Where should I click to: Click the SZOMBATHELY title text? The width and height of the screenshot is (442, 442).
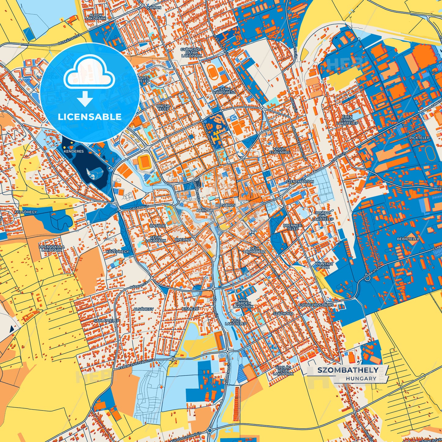pos(347,370)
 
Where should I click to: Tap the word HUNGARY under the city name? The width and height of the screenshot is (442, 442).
pos(361,378)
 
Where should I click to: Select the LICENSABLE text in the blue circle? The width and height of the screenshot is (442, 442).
pos(90,117)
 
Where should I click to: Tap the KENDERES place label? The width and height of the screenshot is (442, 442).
pos(74,151)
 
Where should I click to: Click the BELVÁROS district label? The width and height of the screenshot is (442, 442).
pos(225,205)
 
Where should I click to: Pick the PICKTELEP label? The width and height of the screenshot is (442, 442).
pos(419,138)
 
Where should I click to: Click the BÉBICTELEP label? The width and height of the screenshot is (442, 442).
pos(408,239)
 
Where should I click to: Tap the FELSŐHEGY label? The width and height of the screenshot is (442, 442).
pos(26,212)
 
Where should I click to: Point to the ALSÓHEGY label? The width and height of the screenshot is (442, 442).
pos(143,309)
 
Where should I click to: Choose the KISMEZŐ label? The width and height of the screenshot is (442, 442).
pos(190,309)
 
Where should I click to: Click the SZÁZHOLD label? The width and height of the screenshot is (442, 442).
pos(283,314)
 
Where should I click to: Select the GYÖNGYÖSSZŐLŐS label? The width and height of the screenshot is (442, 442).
pos(316,305)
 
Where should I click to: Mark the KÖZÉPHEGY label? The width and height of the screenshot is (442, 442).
pos(117,252)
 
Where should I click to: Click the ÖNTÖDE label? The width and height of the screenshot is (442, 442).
pos(158,226)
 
